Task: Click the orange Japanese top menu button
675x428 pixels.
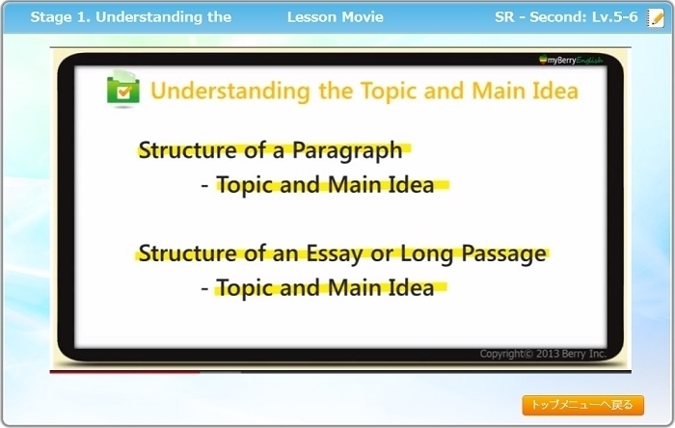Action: click(582, 405)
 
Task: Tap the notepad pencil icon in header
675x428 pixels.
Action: click(655, 17)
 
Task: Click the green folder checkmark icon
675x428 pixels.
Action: click(123, 88)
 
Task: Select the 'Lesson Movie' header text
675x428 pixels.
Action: click(336, 17)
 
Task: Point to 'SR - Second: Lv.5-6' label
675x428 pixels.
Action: click(566, 17)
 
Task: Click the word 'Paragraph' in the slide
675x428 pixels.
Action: click(347, 150)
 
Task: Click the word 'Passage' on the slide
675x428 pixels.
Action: click(503, 254)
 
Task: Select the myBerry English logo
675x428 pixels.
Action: click(571, 60)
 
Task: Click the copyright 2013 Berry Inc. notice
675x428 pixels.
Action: click(543, 354)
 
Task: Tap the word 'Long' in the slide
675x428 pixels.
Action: click(426, 254)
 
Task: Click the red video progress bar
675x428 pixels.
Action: click(124, 372)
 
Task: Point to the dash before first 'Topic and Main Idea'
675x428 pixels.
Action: click(204, 186)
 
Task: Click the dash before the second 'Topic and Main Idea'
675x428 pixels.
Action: click(204, 289)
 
